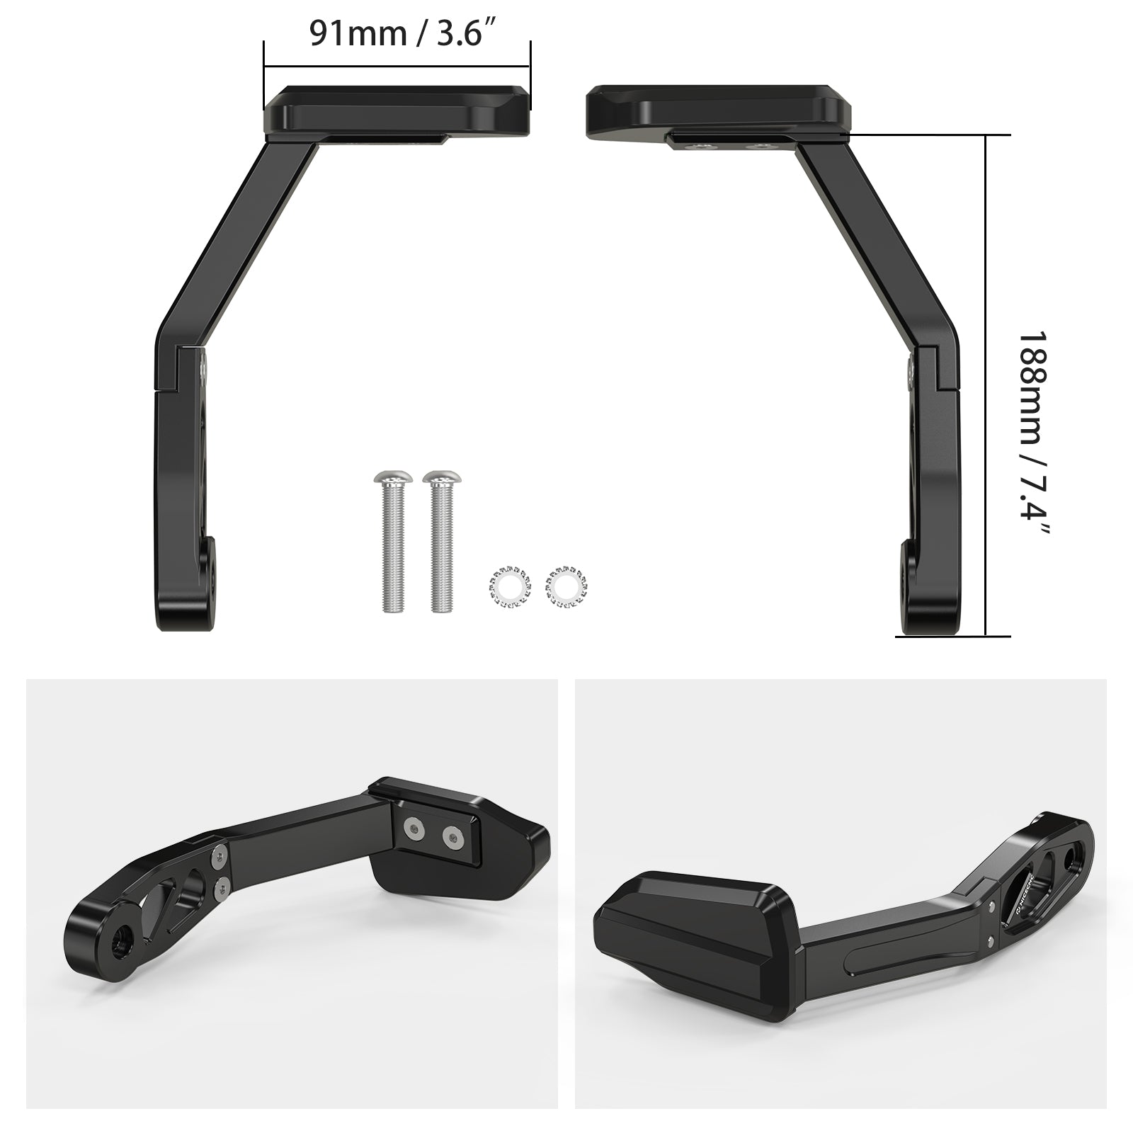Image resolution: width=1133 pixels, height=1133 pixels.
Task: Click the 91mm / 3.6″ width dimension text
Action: [401, 33]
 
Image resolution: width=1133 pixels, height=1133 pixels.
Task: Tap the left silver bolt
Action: [391, 542]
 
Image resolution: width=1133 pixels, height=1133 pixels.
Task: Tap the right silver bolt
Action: [440, 542]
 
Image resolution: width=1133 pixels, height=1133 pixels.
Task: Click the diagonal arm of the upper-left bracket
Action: [237, 234]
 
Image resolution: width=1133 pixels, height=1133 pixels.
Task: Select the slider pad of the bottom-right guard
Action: [687, 921]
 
